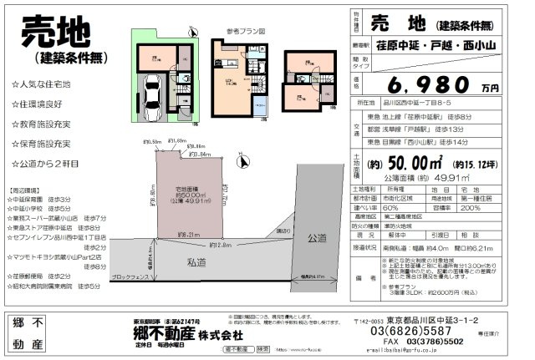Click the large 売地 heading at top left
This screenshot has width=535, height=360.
pos(56,33)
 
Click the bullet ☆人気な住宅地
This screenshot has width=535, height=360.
pos(42,85)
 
